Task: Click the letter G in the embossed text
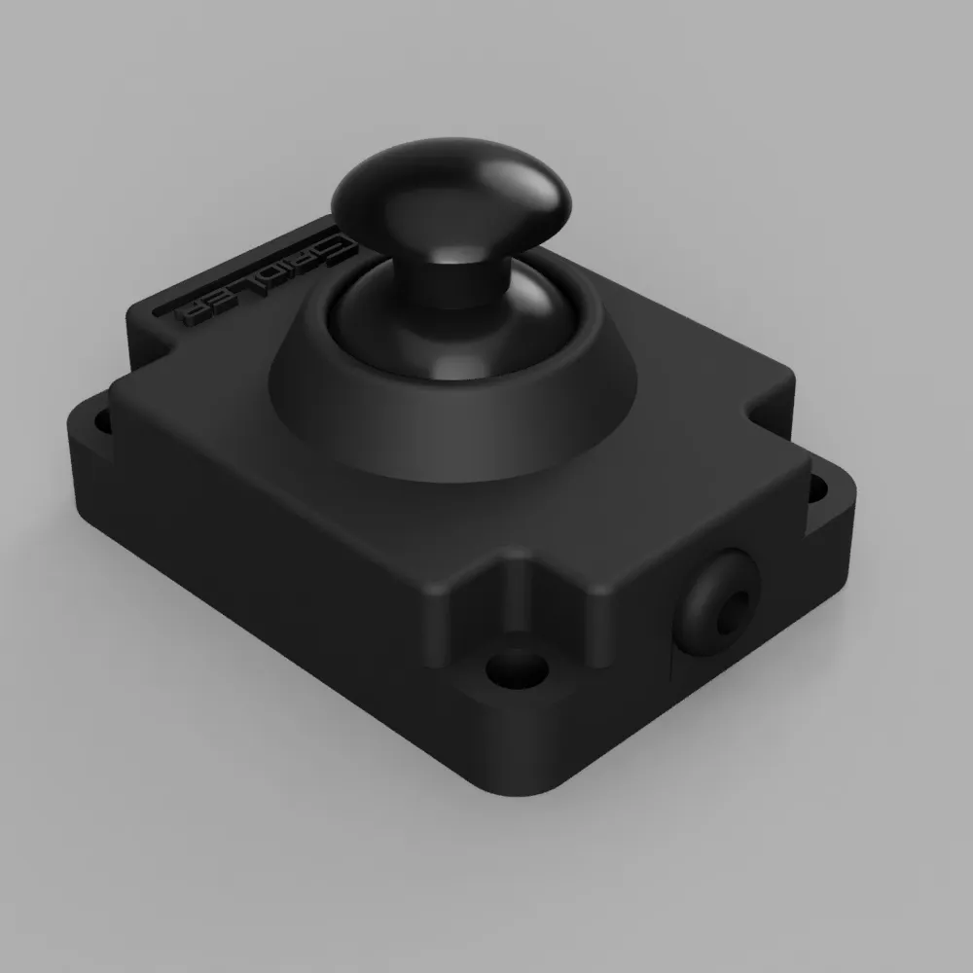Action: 336,247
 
